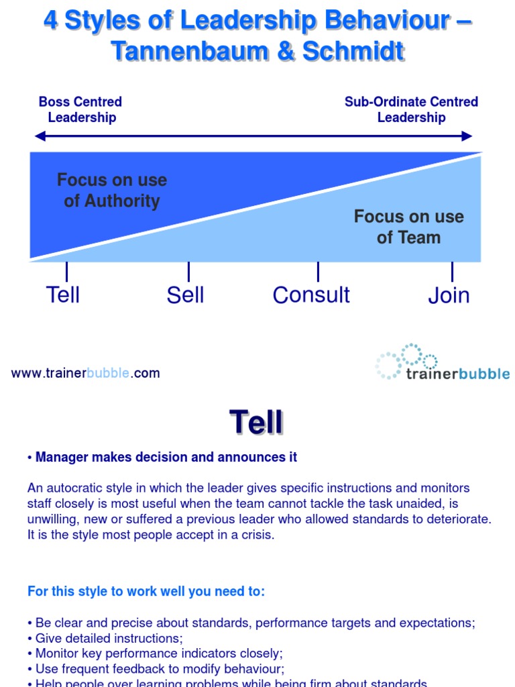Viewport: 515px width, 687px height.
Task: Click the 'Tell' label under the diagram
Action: click(63, 295)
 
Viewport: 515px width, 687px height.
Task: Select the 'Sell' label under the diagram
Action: click(185, 295)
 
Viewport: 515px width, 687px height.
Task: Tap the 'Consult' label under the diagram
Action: click(311, 295)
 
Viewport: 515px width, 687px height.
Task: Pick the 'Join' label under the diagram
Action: click(449, 296)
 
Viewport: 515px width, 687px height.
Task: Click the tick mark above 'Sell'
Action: click(188, 272)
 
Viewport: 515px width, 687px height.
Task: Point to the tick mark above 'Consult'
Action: click(318, 272)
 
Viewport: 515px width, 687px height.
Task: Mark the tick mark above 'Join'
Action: click(452, 272)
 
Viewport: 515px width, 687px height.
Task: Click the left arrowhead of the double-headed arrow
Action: click(40, 136)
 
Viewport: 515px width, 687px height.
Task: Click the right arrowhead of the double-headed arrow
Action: click(467, 136)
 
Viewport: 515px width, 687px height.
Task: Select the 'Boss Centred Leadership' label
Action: click(80, 110)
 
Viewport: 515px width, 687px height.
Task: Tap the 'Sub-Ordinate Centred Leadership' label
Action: click(411, 110)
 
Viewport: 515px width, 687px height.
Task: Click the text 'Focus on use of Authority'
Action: click(112, 191)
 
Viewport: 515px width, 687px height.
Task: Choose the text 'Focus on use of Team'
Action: click(408, 227)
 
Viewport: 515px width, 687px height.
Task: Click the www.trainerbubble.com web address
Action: click(85, 374)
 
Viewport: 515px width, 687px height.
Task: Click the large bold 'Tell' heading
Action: click(257, 423)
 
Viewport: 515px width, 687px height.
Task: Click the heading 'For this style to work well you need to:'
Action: click(146, 592)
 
